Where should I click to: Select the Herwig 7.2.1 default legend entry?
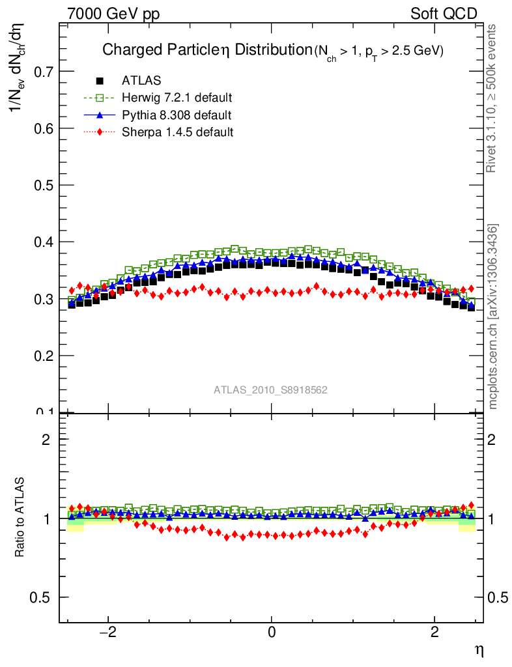(177, 98)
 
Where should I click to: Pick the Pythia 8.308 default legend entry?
(176, 115)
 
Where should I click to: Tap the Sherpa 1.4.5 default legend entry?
(177, 132)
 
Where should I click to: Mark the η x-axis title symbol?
(478, 649)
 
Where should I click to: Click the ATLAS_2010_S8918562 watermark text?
(270, 390)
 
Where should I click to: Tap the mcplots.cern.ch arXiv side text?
(494, 317)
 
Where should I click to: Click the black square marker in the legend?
(100, 81)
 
